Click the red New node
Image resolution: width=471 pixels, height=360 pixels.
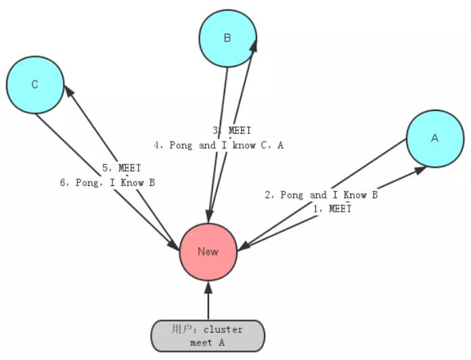click(x=208, y=251)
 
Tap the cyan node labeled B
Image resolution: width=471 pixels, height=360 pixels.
click(x=227, y=38)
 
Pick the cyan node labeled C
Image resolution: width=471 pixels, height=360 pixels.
click(x=35, y=85)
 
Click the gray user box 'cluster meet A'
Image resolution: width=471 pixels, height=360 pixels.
click(x=207, y=336)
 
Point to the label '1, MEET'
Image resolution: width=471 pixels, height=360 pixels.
click(x=331, y=209)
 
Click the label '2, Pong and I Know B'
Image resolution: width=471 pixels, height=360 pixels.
click(x=321, y=195)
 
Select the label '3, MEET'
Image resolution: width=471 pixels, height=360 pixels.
click(x=231, y=131)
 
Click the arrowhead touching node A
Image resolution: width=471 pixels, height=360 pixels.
click(x=420, y=170)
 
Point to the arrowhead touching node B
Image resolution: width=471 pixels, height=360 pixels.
click(x=254, y=43)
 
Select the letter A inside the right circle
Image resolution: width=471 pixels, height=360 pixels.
click(x=434, y=138)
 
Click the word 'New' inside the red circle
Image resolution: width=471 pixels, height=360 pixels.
click(x=208, y=251)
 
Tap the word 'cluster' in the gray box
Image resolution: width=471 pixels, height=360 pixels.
click(x=223, y=330)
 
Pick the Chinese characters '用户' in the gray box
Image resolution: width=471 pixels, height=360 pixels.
click(x=182, y=330)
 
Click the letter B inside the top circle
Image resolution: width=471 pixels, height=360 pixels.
click(x=227, y=38)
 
